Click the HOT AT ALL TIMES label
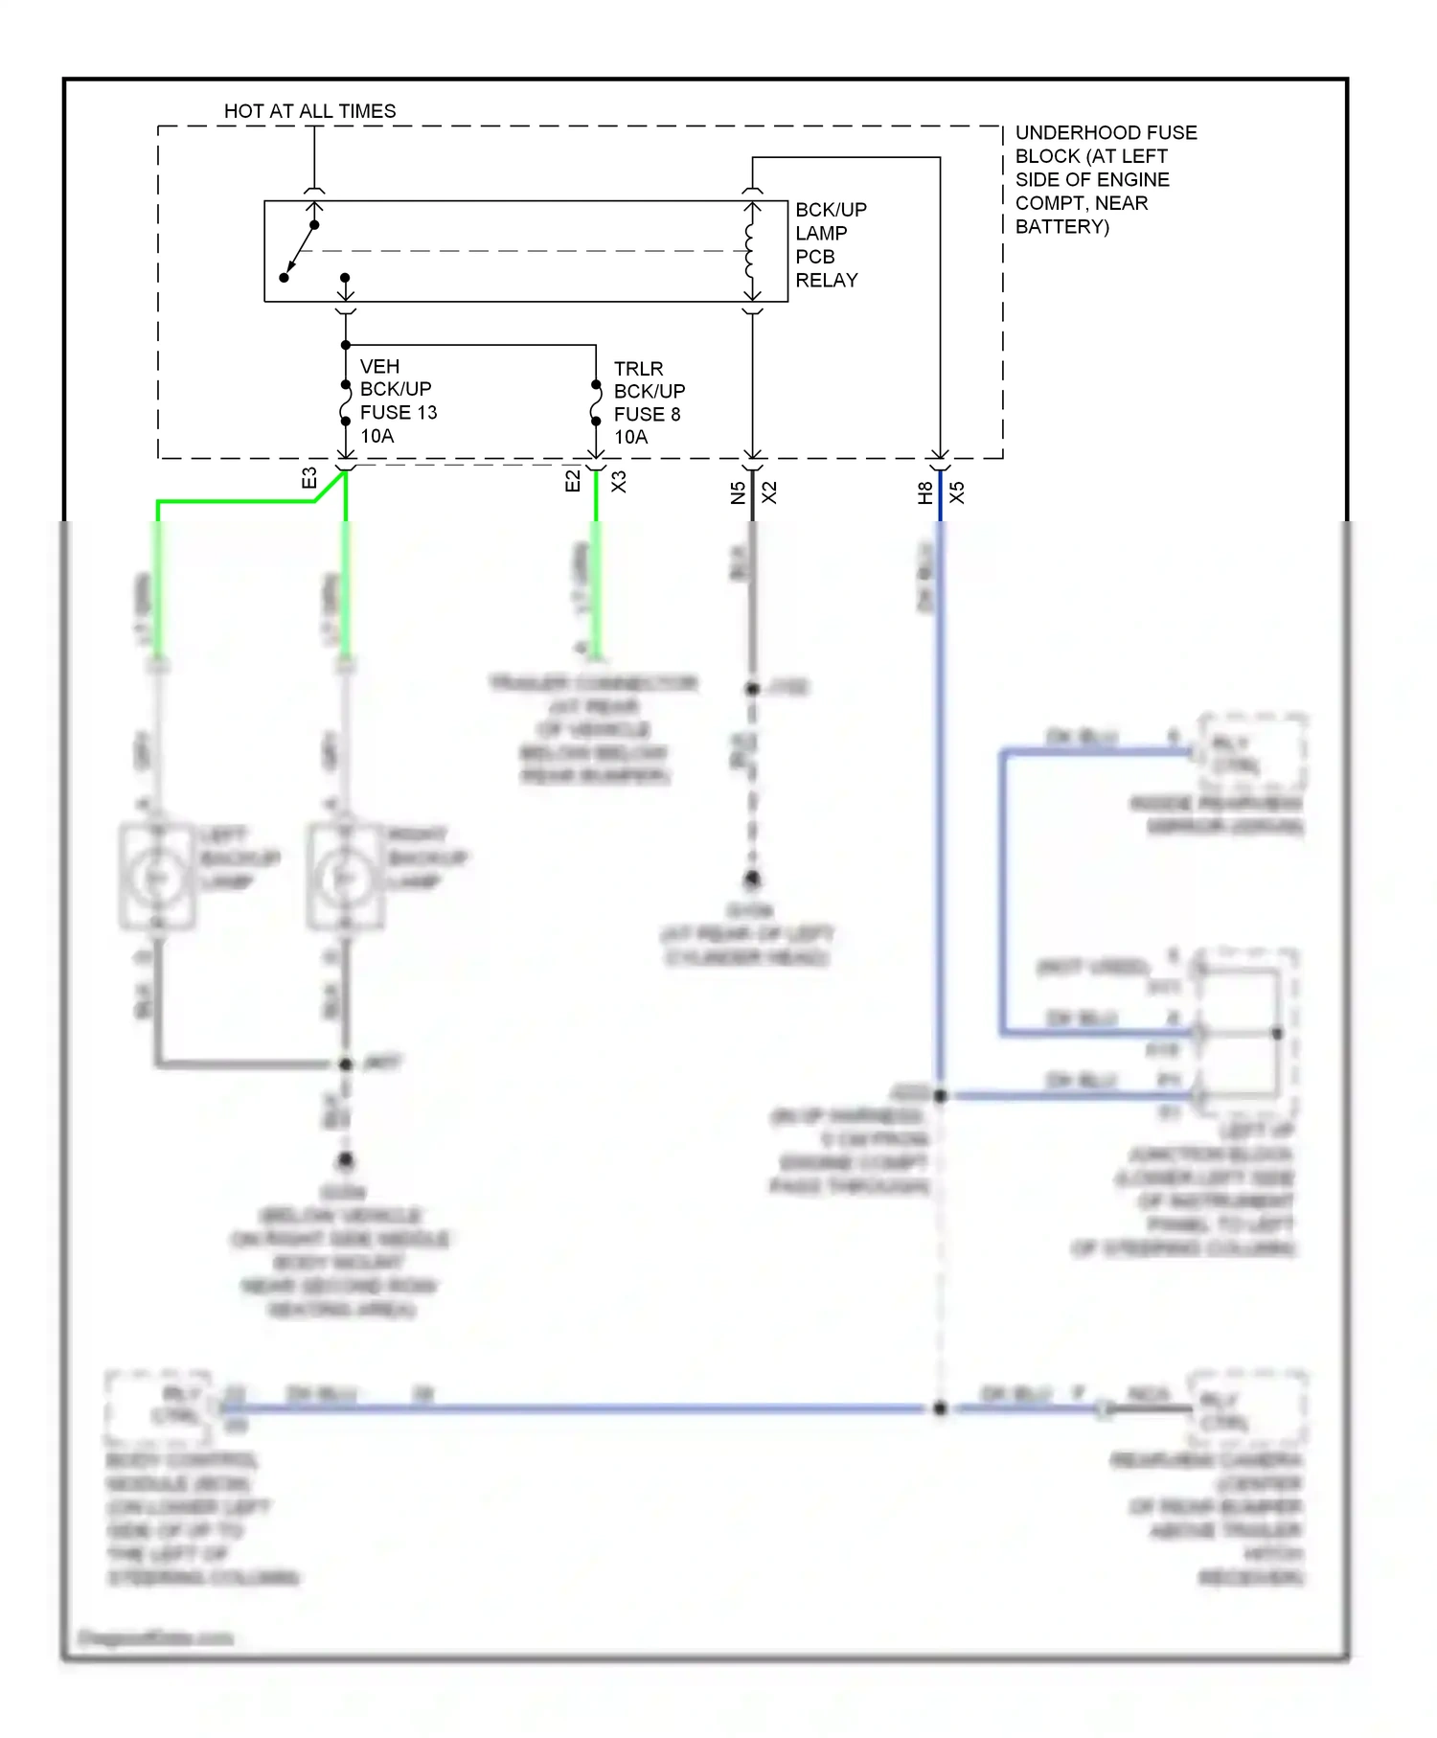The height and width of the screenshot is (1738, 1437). click(309, 111)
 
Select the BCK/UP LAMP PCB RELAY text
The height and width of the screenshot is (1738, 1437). click(830, 245)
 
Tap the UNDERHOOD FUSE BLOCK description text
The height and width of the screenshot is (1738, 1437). click(1105, 179)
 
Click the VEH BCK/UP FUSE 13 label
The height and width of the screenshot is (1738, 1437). click(397, 401)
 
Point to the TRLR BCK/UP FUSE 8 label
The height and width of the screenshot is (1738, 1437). click(649, 403)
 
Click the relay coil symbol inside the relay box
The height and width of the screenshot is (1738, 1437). click(751, 251)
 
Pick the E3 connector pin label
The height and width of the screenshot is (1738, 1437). click(309, 478)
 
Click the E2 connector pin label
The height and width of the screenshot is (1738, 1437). click(573, 481)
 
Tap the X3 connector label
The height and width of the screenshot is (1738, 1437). click(619, 481)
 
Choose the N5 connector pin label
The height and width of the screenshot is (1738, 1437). click(738, 492)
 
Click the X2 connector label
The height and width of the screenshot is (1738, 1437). click(769, 492)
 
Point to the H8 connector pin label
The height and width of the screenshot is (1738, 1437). click(924, 492)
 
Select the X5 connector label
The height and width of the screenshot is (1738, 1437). click(956, 492)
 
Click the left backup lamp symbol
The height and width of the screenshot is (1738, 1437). click(157, 877)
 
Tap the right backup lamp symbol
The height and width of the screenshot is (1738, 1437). click(345, 877)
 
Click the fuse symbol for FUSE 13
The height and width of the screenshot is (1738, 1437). click(346, 403)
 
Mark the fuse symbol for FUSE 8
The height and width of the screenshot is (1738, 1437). click(596, 403)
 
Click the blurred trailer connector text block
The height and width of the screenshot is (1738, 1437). click(594, 728)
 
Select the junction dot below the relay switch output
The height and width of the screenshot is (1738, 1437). click(346, 345)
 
